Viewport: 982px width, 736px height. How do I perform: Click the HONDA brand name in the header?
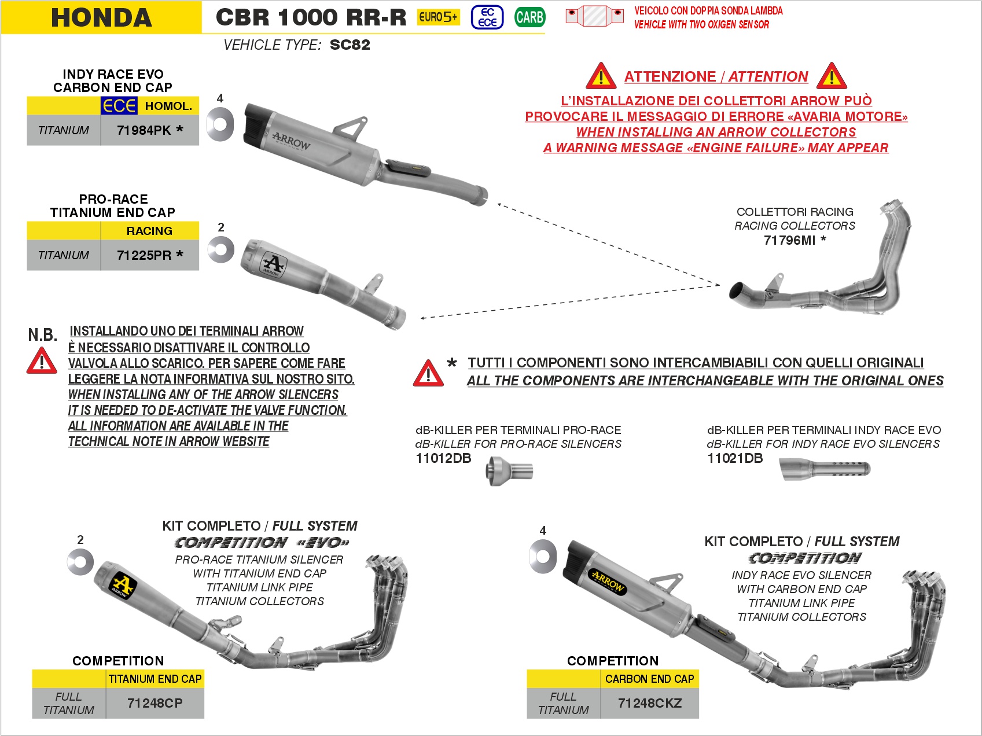pyautogui.click(x=101, y=17)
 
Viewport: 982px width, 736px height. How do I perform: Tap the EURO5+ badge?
pyautogui.click(x=438, y=17)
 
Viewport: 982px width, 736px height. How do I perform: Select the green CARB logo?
pyautogui.click(x=529, y=17)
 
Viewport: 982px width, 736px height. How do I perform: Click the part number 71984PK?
pyautogui.click(x=144, y=130)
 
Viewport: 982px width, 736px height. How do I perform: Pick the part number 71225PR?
pyautogui.click(x=144, y=255)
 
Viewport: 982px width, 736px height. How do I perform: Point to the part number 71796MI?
pyautogui.click(x=789, y=240)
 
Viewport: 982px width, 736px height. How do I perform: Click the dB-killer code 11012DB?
pyautogui.click(x=443, y=458)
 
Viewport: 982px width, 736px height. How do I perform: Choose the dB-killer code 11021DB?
pyautogui.click(x=735, y=458)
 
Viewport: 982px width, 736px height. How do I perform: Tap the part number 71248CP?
pyautogui.click(x=155, y=703)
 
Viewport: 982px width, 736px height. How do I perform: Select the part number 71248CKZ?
pyautogui.click(x=650, y=703)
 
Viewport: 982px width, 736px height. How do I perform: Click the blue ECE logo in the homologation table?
pyautogui.click(x=119, y=106)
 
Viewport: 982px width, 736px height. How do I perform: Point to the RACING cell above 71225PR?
pyautogui.click(x=149, y=231)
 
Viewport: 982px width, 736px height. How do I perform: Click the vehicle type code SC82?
pyautogui.click(x=350, y=45)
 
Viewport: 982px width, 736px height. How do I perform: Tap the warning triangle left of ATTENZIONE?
pyautogui.click(x=601, y=76)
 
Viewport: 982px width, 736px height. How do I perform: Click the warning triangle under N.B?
pyautogui.click(x=42, y=362)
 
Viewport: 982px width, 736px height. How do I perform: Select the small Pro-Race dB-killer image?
pyautogui.click(x=509, y=470)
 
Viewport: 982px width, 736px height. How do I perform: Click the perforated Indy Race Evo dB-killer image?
pyautogui.click(x=825, y=469)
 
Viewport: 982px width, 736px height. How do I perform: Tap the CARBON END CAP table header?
pyautogui.click(x=649, y=679)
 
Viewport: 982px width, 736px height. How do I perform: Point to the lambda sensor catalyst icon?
pyautogui.click(x=594, y=16)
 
